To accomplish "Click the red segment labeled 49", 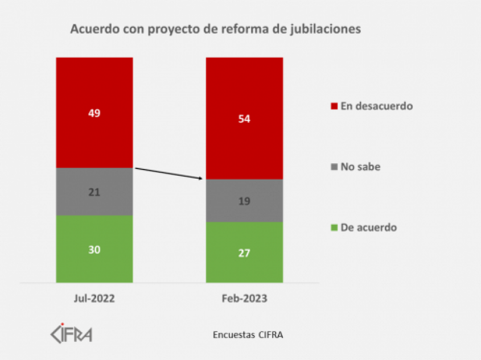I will coord(94,113).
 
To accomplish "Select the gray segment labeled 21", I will coord(94,192).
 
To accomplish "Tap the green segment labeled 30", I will coord(94,249).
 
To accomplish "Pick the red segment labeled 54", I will coord(244,118).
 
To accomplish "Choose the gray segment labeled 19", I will coord(244,200).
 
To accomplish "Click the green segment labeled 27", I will coord(244,252).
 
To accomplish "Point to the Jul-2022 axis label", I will coord(94,299).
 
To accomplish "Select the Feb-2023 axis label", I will coord(244,299).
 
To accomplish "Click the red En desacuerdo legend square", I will coord(334,106).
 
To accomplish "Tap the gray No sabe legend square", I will coord(334,167).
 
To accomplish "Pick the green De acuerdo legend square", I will coord(334,228).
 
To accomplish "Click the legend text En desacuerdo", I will coord(376,106).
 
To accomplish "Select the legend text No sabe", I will coord(360,167).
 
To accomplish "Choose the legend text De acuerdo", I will coord(368,228).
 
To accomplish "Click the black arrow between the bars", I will coord(168,173).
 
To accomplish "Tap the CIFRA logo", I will coord(71,333).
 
